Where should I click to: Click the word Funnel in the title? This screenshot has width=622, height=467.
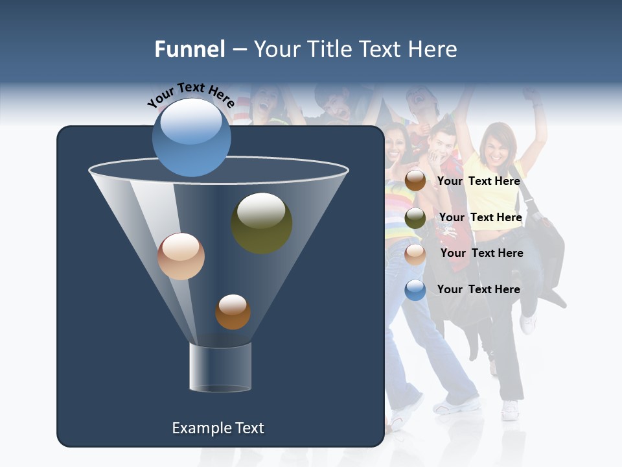tap(189, 49)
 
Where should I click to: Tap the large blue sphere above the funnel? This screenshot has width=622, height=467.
tap(191, 137)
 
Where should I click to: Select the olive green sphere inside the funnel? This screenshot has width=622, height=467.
tap(261, 222)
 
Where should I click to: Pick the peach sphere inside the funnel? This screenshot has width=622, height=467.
tap(181, 256)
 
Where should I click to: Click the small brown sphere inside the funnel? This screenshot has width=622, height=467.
tap(233, 311)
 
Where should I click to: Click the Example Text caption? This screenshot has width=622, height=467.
tap(218, 428)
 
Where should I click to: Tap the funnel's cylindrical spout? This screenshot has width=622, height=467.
tap(220, 367)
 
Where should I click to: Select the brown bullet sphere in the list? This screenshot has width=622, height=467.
tap(415, 181)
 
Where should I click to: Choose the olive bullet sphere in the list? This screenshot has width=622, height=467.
tap(415, 218)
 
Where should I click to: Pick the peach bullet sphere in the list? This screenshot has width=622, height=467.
tap(415, 254)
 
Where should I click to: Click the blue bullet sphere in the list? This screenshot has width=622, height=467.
tap(415, 290)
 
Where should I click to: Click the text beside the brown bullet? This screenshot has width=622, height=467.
tap(478, 181)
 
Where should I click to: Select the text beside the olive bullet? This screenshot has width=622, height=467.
tap(480, 217)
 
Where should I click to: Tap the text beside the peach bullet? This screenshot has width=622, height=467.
tap(481, 253)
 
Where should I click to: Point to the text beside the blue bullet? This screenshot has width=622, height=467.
tap(478, 289)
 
